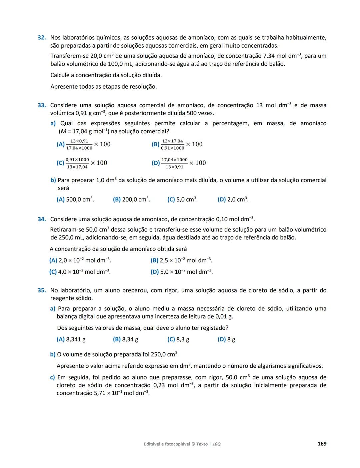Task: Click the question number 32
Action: coord(41,38)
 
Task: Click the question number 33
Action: coord(41,105)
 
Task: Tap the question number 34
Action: coord(41,219)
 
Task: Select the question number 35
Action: coord(41,290)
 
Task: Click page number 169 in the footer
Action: coord(322,444)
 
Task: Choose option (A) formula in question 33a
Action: coord(84,144)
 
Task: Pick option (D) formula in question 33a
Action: coord(179,163)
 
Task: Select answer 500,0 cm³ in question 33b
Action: coord(75,200)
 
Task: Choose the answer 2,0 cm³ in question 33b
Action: coord(233,200)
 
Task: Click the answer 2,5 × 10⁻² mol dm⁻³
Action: coord(181,260)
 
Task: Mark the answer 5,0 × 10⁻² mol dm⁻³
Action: coord(182,272)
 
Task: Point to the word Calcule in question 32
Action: coord(60,75)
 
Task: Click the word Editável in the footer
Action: coord(152,444)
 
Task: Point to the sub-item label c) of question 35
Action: coord(52,377)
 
